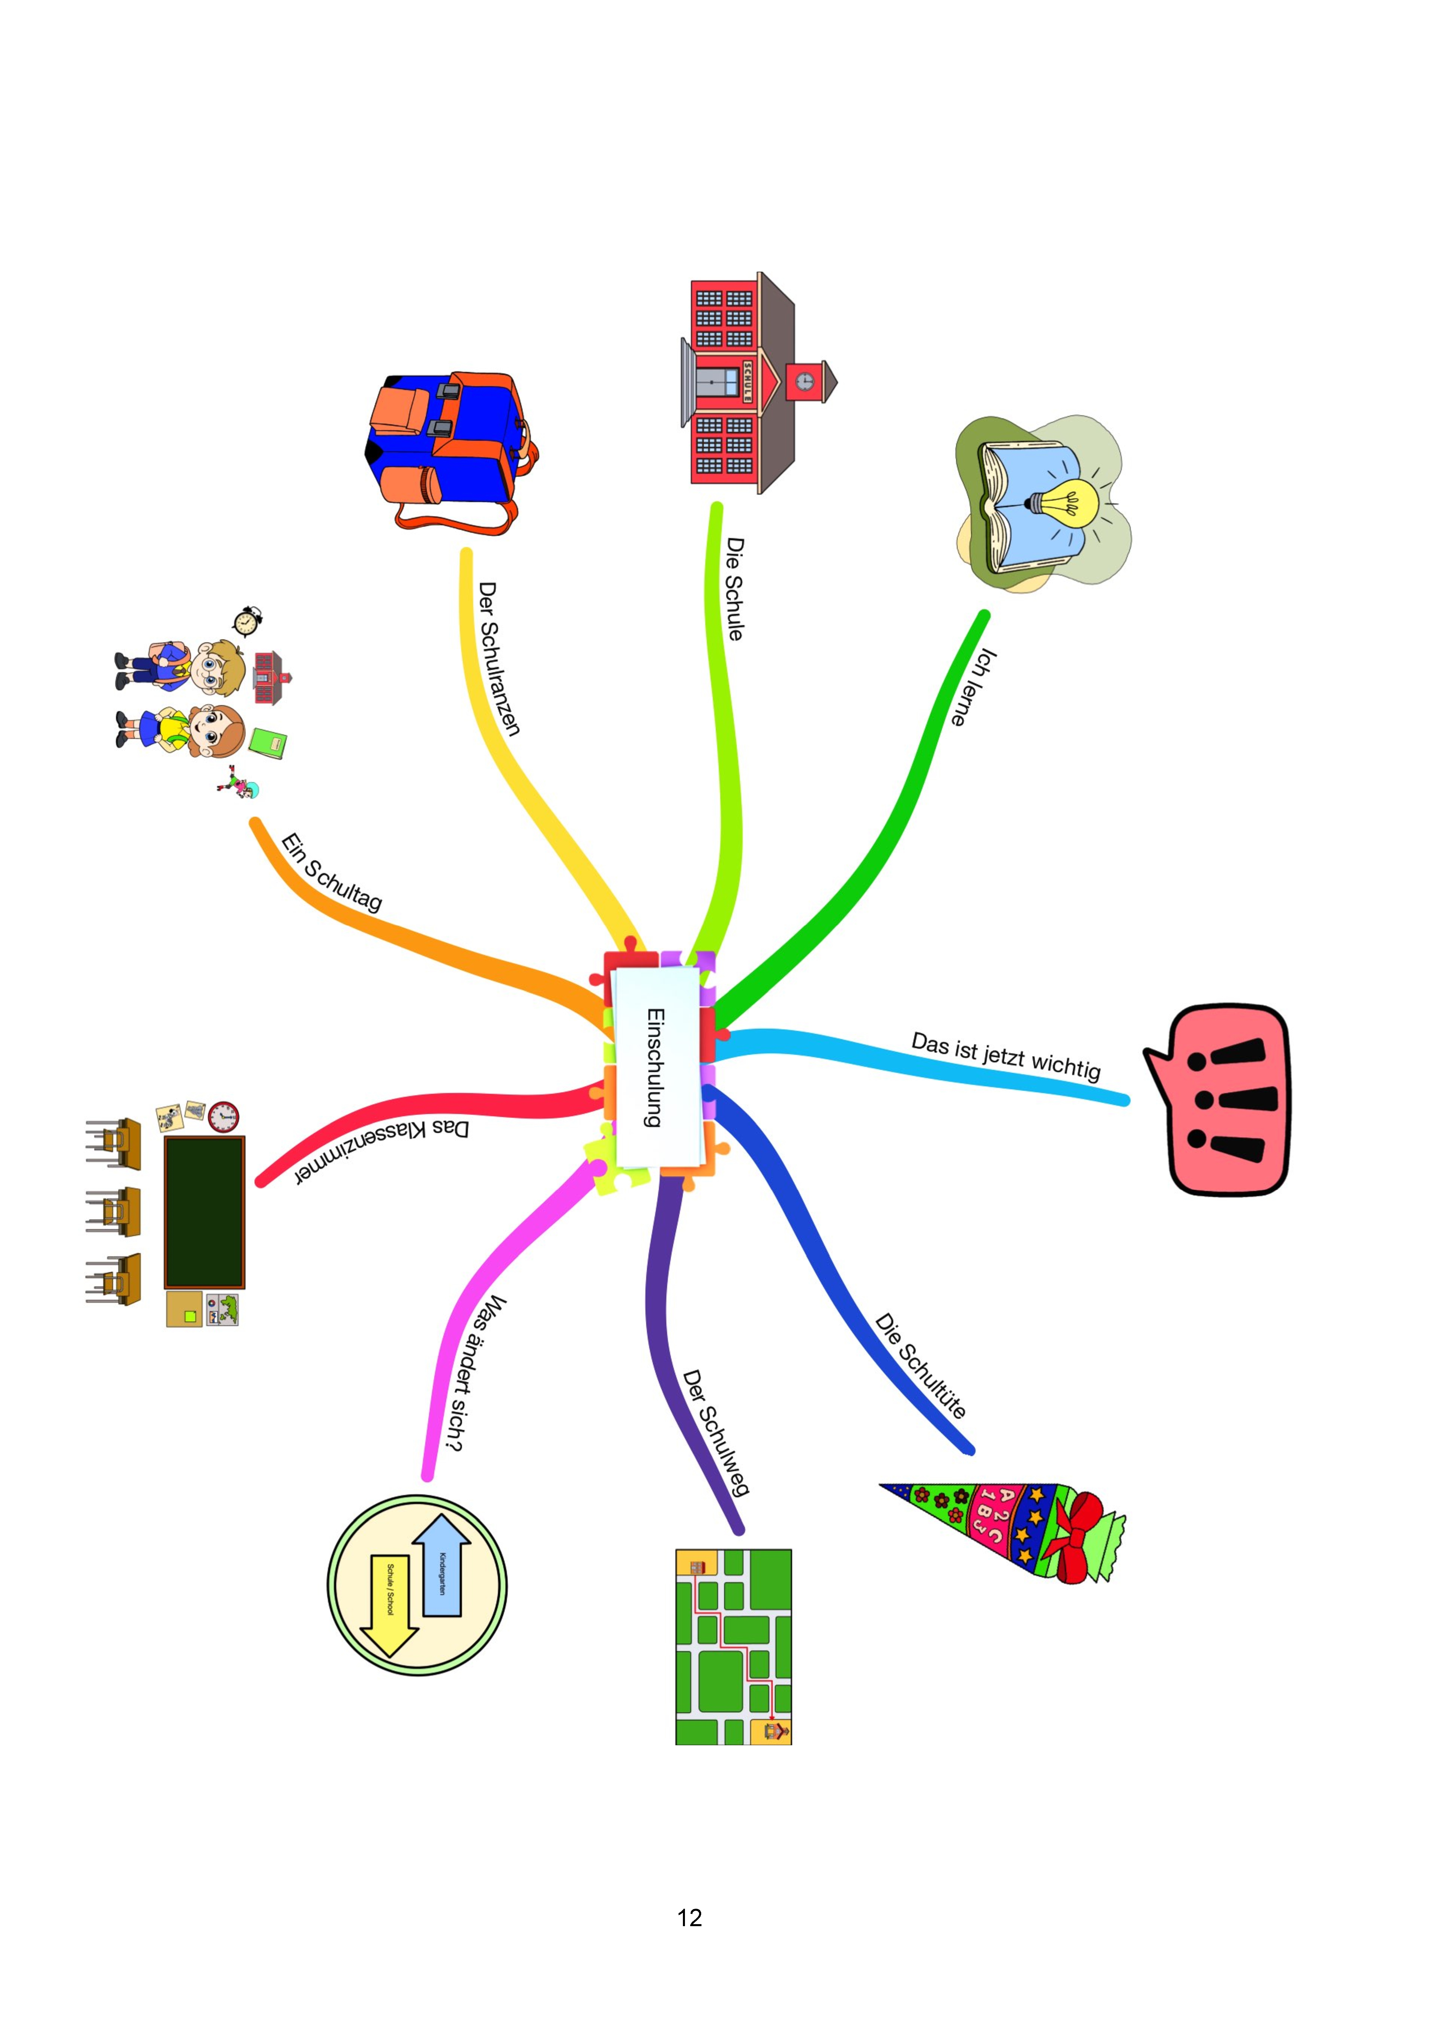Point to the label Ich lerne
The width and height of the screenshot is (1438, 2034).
(x=974, y=687)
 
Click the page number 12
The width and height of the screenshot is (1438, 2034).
(x=689, y=1918)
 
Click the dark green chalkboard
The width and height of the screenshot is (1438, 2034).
(x=204, y=1212)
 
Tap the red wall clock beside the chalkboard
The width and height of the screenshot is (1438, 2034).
(x=223, y=1116)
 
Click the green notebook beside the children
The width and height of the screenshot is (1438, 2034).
(x=268, y=743)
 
